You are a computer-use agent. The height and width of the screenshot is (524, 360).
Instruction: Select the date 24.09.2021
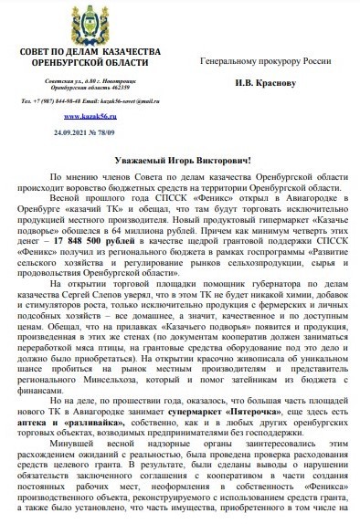pos(68,132)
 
